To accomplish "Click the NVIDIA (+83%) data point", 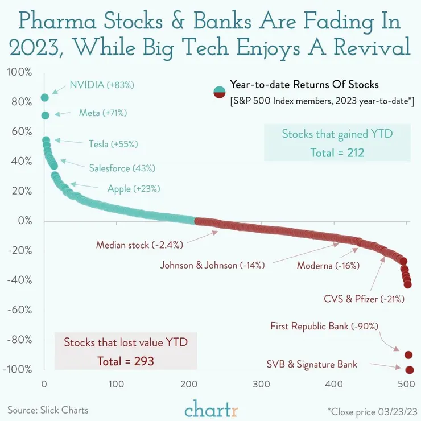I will [45, 97].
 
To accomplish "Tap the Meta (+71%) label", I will [102, 113].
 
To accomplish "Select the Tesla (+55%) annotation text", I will [113, 144].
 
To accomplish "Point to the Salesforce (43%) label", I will [122, 168].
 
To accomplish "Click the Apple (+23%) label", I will [134, 188].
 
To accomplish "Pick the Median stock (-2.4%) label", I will [139, 245].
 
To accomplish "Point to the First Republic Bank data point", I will [408, 355].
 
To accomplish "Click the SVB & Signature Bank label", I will [312, 364].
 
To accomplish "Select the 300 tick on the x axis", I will [262, 383].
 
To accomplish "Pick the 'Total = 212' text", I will [337, 152].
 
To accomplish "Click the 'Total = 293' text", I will [126, 360].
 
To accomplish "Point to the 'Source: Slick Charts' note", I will [48, 410].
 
